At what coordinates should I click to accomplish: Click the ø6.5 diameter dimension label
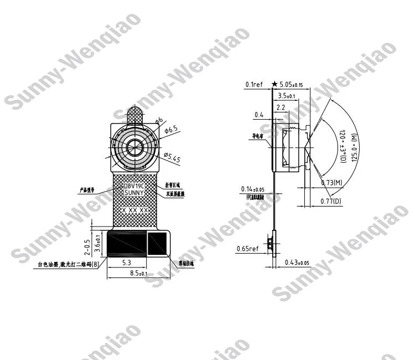click(x=172, y=130)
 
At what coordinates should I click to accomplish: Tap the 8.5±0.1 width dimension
click(x=134, y=274)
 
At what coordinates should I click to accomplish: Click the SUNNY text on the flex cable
click(x=134, y=193)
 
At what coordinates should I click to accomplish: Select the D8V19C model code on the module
click(x=134, y=186)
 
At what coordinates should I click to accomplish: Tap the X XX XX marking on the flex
click(x=135, y=211)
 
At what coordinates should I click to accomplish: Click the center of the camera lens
click(x=134, y=147)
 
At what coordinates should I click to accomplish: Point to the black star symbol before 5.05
click(x=274, y=85)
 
